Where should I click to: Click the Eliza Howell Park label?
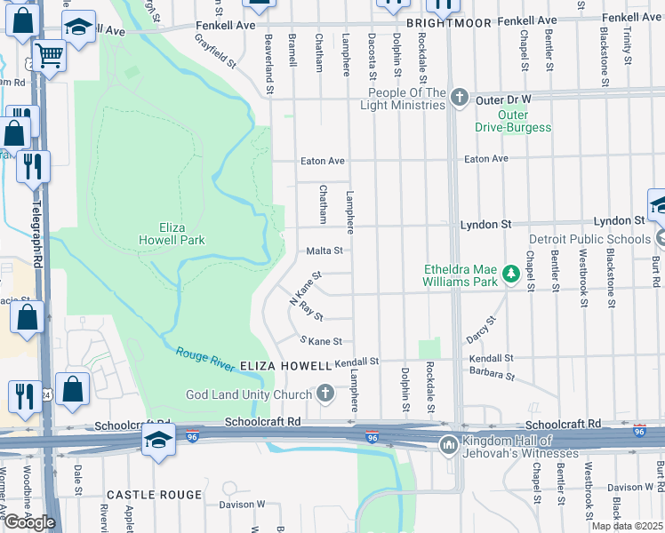tap(172, 234)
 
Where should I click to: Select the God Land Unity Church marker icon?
tap(325, 394)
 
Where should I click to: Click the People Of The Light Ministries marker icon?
tap(459, 98)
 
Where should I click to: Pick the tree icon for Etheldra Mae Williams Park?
tap(511, 274)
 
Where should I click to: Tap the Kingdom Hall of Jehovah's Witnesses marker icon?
tap(448, 442)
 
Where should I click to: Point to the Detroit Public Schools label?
tap(589, 239)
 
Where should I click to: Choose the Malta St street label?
tap(324, 251)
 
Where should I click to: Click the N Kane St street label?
tap(304, 290)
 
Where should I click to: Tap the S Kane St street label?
tap(320, 341)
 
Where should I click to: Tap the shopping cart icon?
tap(50, 55)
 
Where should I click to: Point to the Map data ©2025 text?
tap(626, 526)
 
